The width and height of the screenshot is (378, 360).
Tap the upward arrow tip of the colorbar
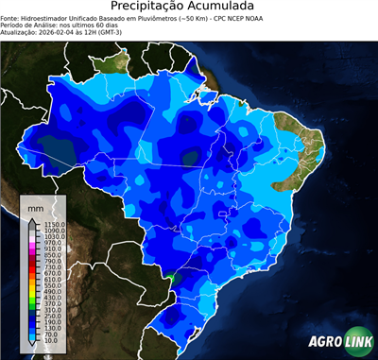click(x=32, y=217)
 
